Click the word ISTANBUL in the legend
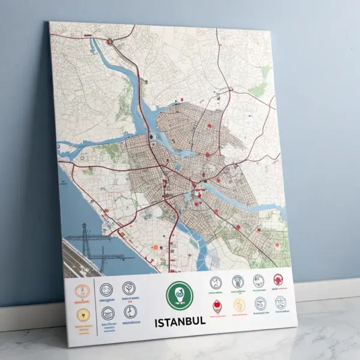coord(180,321)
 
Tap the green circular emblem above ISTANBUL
coord(178,295)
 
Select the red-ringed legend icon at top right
coord(278,279)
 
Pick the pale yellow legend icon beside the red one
coord(239,304)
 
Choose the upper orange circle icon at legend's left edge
coord(82,291)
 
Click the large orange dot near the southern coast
coord(155,247)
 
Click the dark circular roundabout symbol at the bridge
coord(152,137)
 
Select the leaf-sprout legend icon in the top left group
coord(128,288)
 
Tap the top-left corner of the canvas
coord(50,22)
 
